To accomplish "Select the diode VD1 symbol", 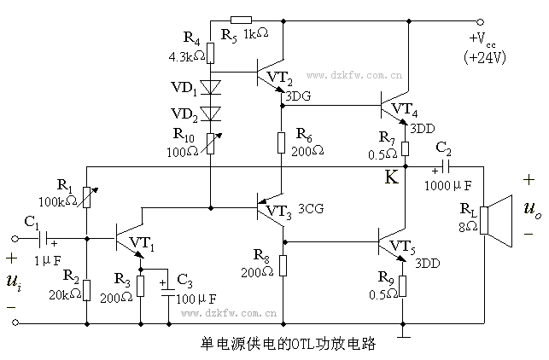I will pyautogui.click(x=210, y=87).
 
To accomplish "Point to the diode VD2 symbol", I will pyautogui.click(x=210, y=113).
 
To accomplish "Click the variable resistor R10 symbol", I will pyautogui.click(x=210, y=142).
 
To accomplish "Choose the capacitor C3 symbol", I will pyautogui.click(x=166, y=285).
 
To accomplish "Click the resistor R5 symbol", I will pyautogui.click(x=242, y=20).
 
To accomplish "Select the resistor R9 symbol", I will pyautogui.click(x=402, y=285).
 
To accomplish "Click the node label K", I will pyautogui.click(x=392, y=178).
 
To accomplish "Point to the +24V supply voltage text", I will pyautogui.click(x=486, y=57).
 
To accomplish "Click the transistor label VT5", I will pyautogui.click(x=406, y=248).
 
